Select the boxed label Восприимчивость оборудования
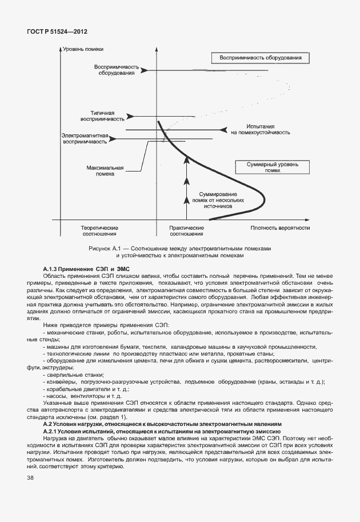tap(260, 58)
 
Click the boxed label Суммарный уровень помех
tap(273, 167)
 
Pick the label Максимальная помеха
tap(106, 170)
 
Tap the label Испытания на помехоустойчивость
tap(261, 129)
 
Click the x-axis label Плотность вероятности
tap(280, 227)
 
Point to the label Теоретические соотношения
tap(99, 230)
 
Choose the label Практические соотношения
tap(186, 230)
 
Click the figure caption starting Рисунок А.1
tap(179, 253)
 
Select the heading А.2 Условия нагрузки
tap(162, 425)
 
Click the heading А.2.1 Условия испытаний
tap(162, 431)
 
